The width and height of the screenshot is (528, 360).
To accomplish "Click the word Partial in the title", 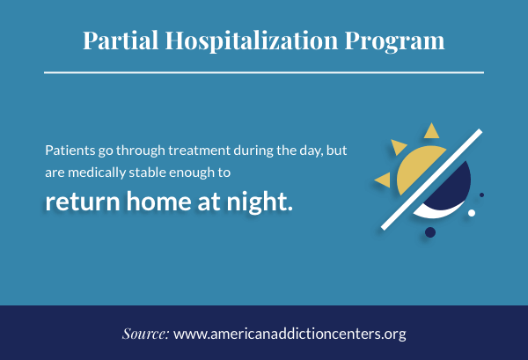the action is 121,40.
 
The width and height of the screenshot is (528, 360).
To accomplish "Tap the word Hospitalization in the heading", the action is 252,41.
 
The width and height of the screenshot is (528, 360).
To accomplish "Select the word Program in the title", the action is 394,41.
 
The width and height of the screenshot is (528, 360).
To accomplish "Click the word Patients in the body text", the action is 70,151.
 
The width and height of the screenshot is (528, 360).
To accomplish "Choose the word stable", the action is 147,173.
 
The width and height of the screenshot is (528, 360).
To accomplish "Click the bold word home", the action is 159,202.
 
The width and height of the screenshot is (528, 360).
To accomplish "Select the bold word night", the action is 260,202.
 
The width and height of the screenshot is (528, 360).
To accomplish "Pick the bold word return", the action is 83,202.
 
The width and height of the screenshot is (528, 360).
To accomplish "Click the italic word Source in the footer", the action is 145,334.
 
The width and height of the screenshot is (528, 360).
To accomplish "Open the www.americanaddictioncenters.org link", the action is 290,334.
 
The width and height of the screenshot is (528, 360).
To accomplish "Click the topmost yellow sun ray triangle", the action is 431,132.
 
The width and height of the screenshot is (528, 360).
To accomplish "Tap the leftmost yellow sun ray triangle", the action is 384,180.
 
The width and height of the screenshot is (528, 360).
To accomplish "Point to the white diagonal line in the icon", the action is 432,180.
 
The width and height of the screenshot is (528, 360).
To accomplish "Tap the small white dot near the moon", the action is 472,213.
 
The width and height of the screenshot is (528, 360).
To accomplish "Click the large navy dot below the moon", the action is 430,232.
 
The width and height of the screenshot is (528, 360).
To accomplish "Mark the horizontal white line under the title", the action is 264,72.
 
